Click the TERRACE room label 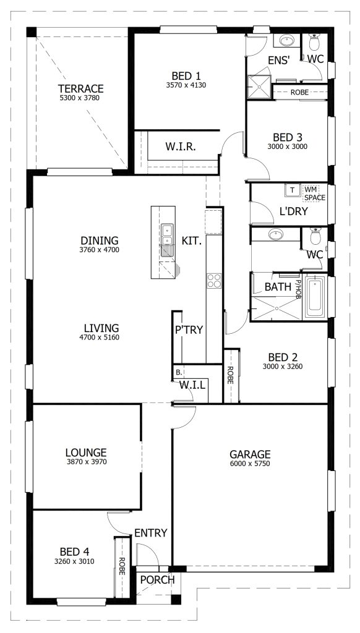click(81, 88)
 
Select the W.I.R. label click(181, 147)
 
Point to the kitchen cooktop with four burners click(214, 281)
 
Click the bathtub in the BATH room click(315, 297)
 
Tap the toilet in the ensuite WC click(314, 41)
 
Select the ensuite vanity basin click(287, 40)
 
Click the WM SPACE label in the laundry click(315, 193)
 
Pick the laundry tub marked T click(293, 190)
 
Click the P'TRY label click(189, 330)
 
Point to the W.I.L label click(193, 385)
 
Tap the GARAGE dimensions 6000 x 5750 click(250, 464)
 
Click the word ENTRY click(151, 533)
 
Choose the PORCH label click(158, 580)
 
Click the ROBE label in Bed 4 click(121, 566)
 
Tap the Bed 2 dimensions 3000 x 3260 click(283, 367)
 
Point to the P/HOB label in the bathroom click(298, 287)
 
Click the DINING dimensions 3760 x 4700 click(100, 250)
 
